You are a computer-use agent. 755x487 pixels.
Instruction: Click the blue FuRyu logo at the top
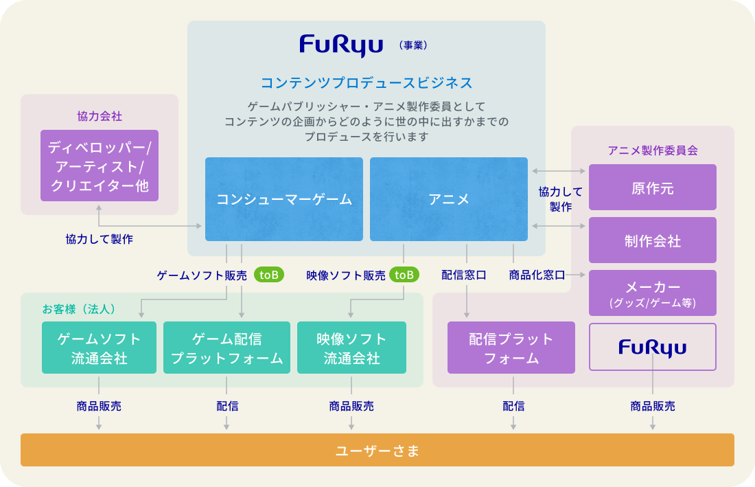[x=341, y=46]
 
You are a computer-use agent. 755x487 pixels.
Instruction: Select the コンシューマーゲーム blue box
[x=283, y=199]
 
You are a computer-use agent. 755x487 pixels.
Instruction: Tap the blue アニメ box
[x=448, y=199]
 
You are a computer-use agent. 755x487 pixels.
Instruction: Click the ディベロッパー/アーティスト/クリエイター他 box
[x=100, y=166]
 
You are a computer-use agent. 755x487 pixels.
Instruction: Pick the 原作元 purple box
[x=652, y=188]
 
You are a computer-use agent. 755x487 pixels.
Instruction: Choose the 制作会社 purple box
[x=652, y=240]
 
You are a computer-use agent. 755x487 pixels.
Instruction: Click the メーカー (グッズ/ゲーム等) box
[x=652, y=293]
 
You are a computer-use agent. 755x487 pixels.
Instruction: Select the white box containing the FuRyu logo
[x=652, y=347]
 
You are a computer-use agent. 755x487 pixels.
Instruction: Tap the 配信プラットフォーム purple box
[x=511, y=348]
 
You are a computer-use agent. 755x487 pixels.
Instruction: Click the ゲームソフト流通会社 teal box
[x=99, y=348]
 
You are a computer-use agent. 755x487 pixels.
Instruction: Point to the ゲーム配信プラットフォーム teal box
[x=226, y=348]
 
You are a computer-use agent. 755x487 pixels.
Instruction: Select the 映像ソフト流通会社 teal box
[x=351, y=348]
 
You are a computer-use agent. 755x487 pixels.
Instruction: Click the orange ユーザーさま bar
[x=377, y=450]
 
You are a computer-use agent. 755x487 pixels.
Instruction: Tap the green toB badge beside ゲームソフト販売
[x=268, y=275]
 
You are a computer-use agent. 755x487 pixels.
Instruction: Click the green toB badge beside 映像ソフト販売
[x=404, y=275]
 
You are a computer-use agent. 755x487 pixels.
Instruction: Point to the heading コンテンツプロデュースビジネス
[x=367, y=83]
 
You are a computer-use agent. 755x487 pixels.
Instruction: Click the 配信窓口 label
[x=464, y=275]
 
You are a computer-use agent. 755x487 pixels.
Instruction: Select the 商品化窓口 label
[x=537, y=275]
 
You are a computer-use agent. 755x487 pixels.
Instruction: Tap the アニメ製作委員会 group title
[x=652, y=150]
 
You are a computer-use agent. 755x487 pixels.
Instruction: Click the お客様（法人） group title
[x=79, y=309]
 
